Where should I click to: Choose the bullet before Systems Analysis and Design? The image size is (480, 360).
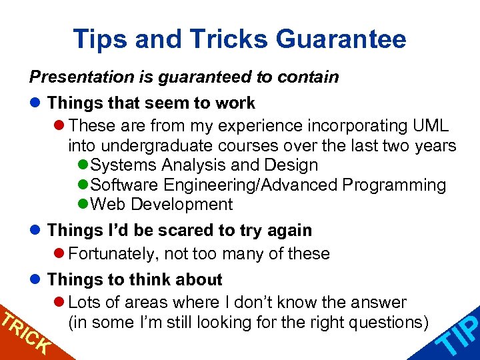(83, 165)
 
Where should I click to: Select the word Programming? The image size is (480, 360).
(403, 185)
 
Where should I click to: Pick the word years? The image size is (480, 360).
(437, 145)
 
